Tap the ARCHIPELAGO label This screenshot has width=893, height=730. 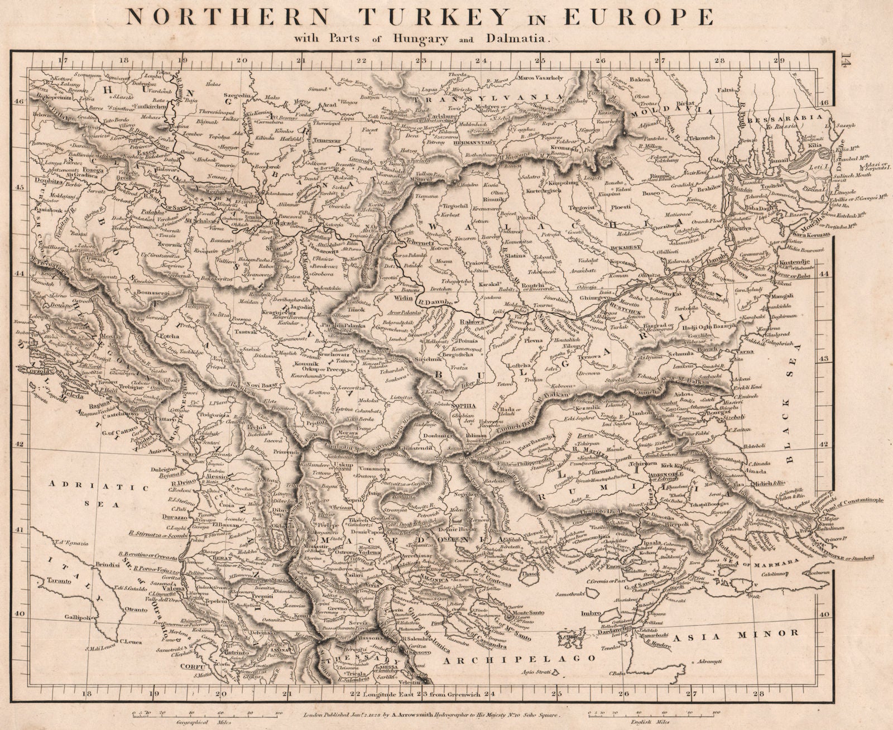pos(517,659)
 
